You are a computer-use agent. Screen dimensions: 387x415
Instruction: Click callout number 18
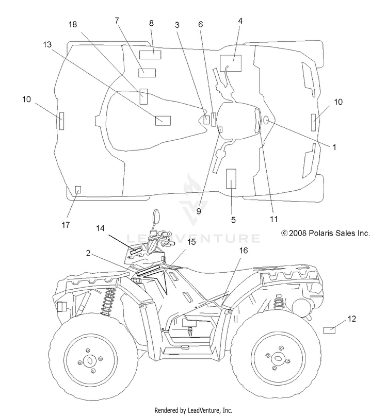(73, 24)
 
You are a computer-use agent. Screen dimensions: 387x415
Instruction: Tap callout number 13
(47, 44)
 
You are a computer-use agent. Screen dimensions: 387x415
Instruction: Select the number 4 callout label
(240, 21)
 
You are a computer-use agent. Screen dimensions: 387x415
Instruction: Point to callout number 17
(66, 225)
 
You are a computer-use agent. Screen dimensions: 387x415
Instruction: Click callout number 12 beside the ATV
(351, 319)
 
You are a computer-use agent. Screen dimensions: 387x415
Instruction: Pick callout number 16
(244, 251)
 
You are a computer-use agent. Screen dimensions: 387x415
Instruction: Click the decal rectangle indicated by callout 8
(150, 55)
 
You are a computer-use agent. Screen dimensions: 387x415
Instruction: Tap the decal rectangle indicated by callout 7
(147, 73)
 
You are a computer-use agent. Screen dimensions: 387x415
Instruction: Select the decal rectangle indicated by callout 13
(163, 121)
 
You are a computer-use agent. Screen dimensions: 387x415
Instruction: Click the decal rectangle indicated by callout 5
(231, 179)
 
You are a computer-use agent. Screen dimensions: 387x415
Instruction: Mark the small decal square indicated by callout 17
(78, 190)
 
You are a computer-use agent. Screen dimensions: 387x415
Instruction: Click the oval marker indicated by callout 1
(266, 121)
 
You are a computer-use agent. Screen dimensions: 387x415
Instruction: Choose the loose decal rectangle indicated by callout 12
(329, 330)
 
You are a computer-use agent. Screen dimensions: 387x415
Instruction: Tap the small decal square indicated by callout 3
(206, 120)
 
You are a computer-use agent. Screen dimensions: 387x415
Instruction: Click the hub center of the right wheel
(278, 359)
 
